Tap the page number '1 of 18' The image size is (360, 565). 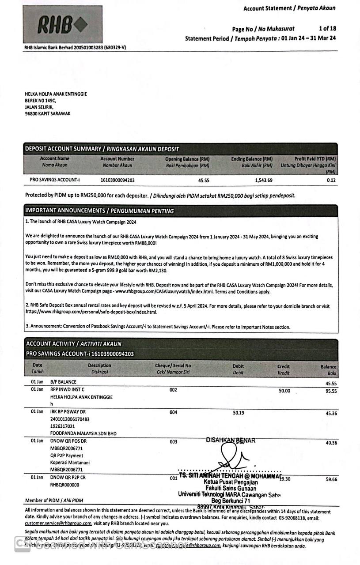click(327, 29)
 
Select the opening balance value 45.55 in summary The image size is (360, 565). click(204, 180)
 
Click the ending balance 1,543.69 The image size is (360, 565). click(263, 180)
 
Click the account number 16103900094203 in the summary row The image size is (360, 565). click(117, 180)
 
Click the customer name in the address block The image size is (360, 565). click(56, 94)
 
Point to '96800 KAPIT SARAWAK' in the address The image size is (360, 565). click(48, 113)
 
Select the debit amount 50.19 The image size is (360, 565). click(239, 413)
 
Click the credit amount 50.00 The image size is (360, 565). click(284, 391)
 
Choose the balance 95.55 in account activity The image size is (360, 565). click(331, 391)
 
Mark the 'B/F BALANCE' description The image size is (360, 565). click(63, 382)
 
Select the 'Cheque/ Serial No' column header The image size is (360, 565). click(173, 366)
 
